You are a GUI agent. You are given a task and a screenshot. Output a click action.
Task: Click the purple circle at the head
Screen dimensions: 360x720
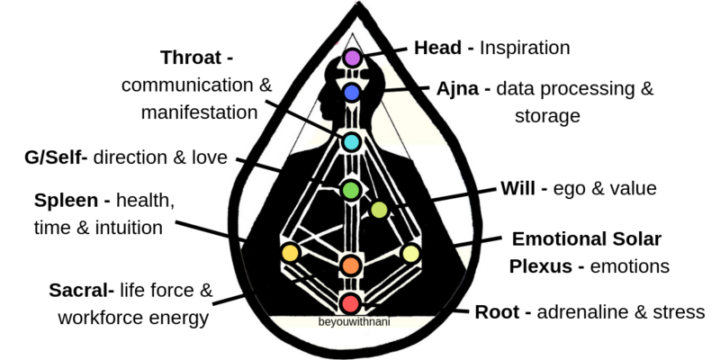click(352, 58)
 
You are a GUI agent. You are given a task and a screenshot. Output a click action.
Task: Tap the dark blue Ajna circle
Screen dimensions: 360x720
click(352, 92)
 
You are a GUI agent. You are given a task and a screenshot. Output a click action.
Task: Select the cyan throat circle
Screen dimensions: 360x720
click(351, 142)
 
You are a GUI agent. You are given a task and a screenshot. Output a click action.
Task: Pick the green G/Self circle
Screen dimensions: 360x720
click(351, 190)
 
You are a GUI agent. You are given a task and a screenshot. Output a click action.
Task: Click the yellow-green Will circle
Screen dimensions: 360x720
click(380, 211)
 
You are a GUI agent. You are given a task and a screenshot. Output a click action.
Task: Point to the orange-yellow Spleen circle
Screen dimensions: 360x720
click(290, 253)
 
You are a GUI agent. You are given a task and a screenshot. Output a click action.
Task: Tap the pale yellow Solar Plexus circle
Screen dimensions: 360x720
click(411, 253)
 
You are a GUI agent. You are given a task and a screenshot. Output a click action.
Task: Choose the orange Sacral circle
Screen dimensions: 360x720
click(350, 265)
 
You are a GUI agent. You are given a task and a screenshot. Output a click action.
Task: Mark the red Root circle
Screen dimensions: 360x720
click(350, 302)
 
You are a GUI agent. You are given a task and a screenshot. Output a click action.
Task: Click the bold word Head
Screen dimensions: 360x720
click(438, 48)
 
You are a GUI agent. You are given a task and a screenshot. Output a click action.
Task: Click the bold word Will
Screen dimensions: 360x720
click(521, 189)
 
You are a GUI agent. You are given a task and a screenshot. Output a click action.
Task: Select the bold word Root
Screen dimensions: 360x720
click(499, 312)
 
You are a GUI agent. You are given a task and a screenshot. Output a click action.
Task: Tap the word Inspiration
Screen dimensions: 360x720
click(526, 48)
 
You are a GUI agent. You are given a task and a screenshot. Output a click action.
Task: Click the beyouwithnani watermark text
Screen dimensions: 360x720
click(351, 319)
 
